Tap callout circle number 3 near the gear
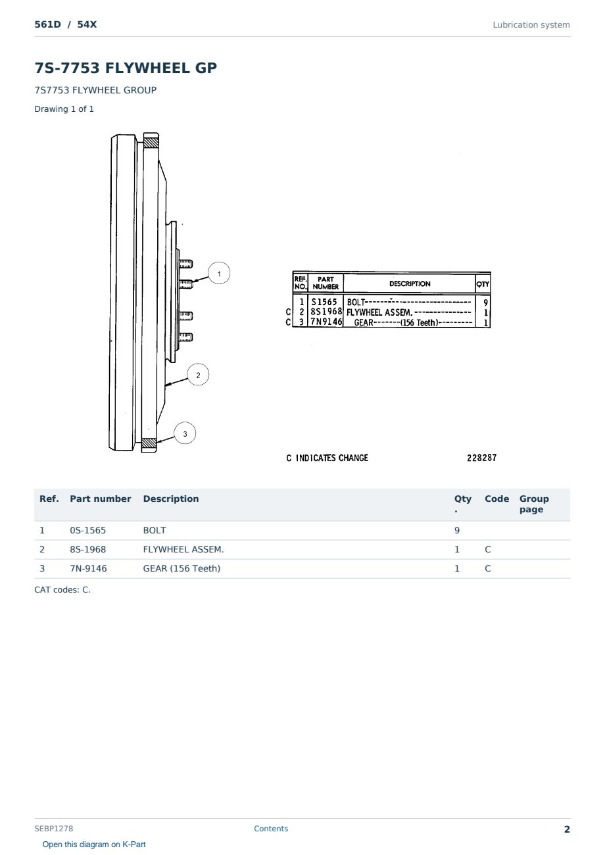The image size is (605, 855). [x=185, y=433]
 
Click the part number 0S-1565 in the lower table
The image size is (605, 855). [x=88, y=530]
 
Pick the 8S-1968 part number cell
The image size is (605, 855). [x=88, y=549]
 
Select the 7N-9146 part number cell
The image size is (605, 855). [x=88, y=568]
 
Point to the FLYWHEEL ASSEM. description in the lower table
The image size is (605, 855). [x=183, y=549]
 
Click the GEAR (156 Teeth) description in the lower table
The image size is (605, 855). [x=181, y=568]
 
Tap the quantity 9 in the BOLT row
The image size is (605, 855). [x=457, y=530]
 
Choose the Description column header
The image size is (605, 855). [x=171, y=499]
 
